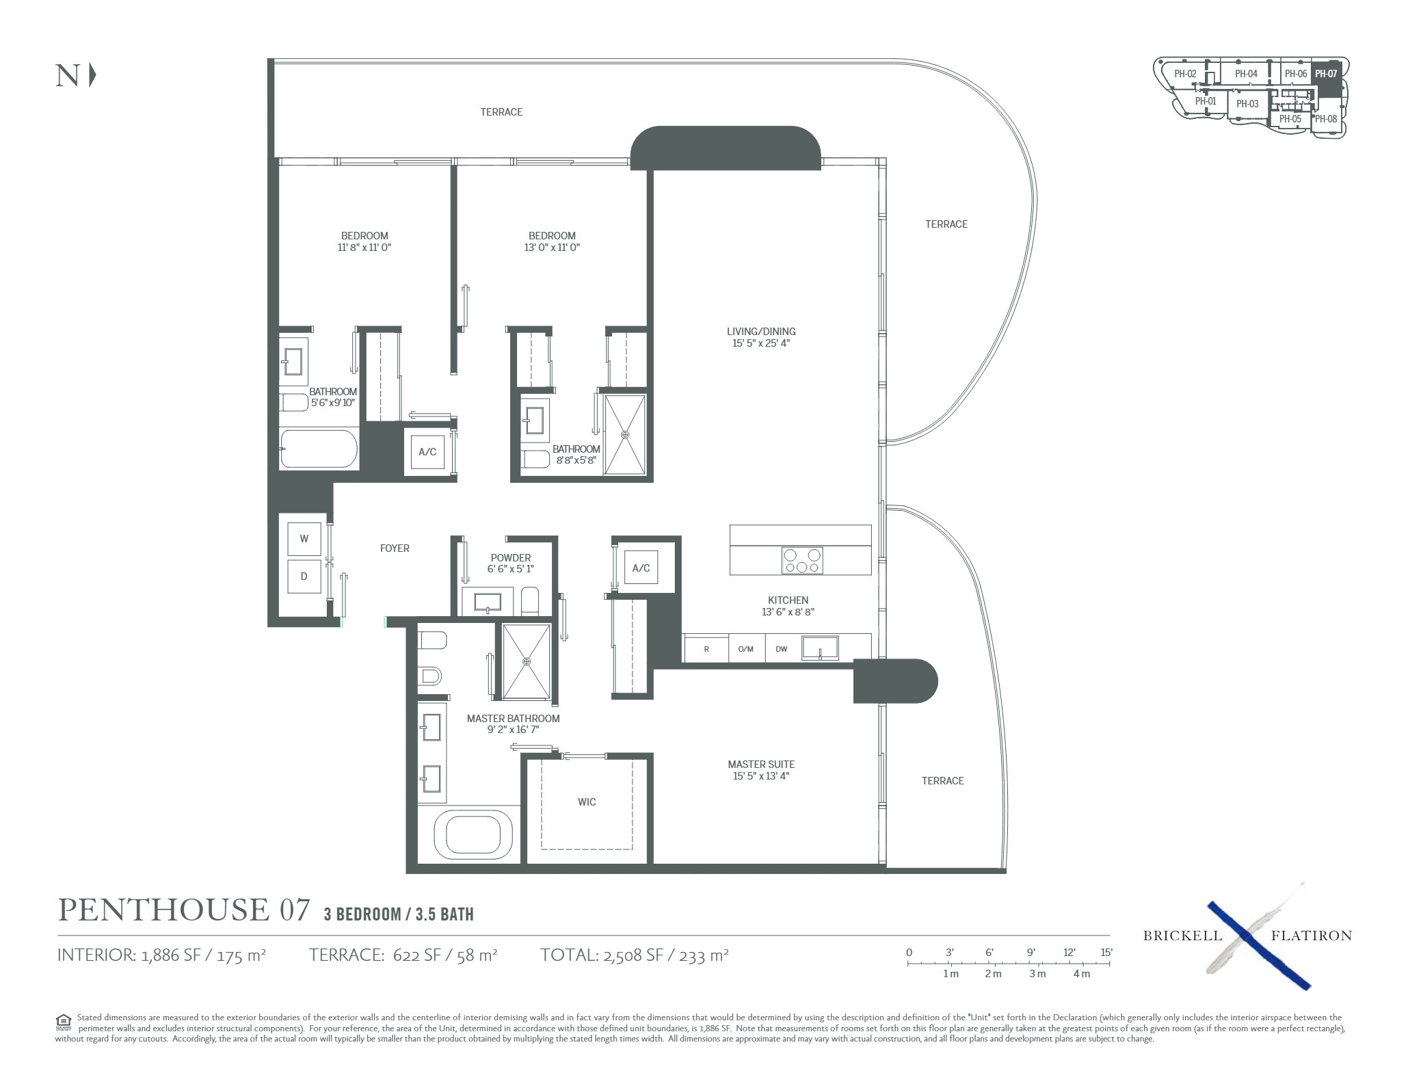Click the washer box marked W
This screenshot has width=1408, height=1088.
coord(304,539)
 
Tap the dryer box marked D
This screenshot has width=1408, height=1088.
coord(304,576)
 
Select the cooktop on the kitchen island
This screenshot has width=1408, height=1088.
coord(802,561)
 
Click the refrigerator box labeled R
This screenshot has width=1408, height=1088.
coord(706,648)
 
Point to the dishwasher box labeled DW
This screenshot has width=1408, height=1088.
coord(781,648)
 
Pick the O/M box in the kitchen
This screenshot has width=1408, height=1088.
coord(747,648)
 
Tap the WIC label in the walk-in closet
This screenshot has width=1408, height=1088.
coord(587,801)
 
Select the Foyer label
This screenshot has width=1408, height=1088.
coord(395,548)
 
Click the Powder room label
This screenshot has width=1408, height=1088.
coord(510,557)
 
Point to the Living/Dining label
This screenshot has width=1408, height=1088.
coord(761,332)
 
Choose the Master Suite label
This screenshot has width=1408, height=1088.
coord(761,764)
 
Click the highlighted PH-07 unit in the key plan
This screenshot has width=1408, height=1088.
coord(1326,74)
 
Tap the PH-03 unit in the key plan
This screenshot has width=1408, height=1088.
coord(1247,105)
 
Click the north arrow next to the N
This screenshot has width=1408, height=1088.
coord(92,75)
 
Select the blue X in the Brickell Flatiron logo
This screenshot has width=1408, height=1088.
coord(1258,944)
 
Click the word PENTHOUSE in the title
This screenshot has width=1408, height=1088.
coord(163,910)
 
